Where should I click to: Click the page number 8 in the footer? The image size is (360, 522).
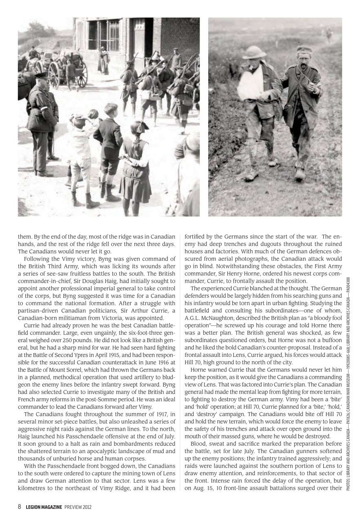click(x=20, y=507)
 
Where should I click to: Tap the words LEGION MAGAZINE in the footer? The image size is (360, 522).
click(x=44, y=507)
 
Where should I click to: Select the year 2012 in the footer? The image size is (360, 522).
click(x=85, y=507)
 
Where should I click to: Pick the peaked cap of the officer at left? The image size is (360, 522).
click(x=41, y=75)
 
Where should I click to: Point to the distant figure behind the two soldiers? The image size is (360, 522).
click(x=329, y=33)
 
